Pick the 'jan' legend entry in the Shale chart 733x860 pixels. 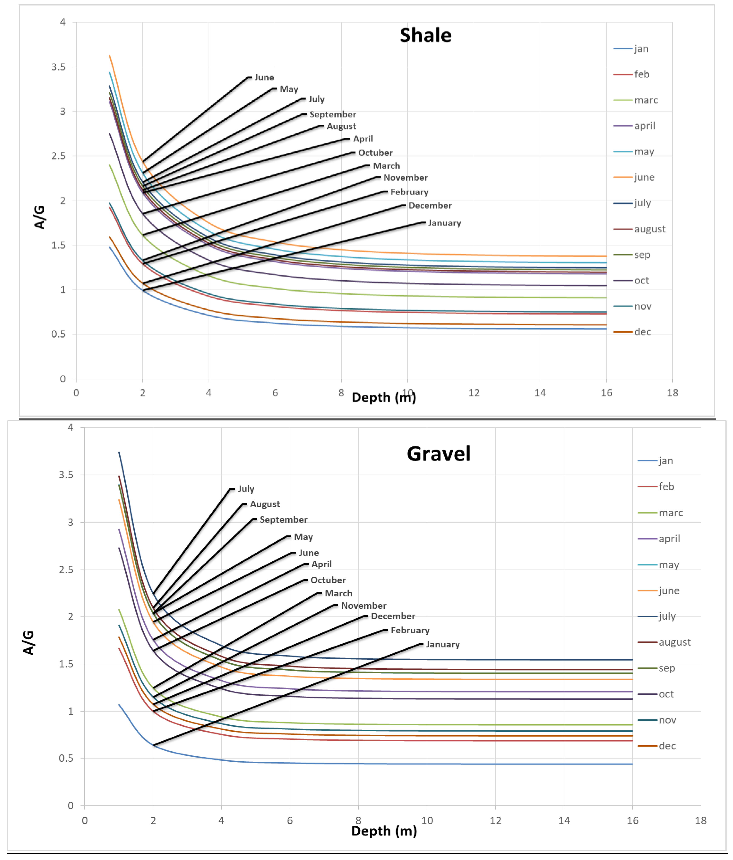[x=641, y=49]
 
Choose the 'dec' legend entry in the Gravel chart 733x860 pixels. [x=667, y=746]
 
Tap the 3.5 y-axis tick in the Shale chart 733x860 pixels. [x=58, y=67]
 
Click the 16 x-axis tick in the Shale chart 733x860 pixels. [x=606, y=393]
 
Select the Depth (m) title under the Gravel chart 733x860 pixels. [x=384, y=831]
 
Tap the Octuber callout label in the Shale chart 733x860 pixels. [x=375, y=153]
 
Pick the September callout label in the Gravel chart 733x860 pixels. [x=283, y=520]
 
